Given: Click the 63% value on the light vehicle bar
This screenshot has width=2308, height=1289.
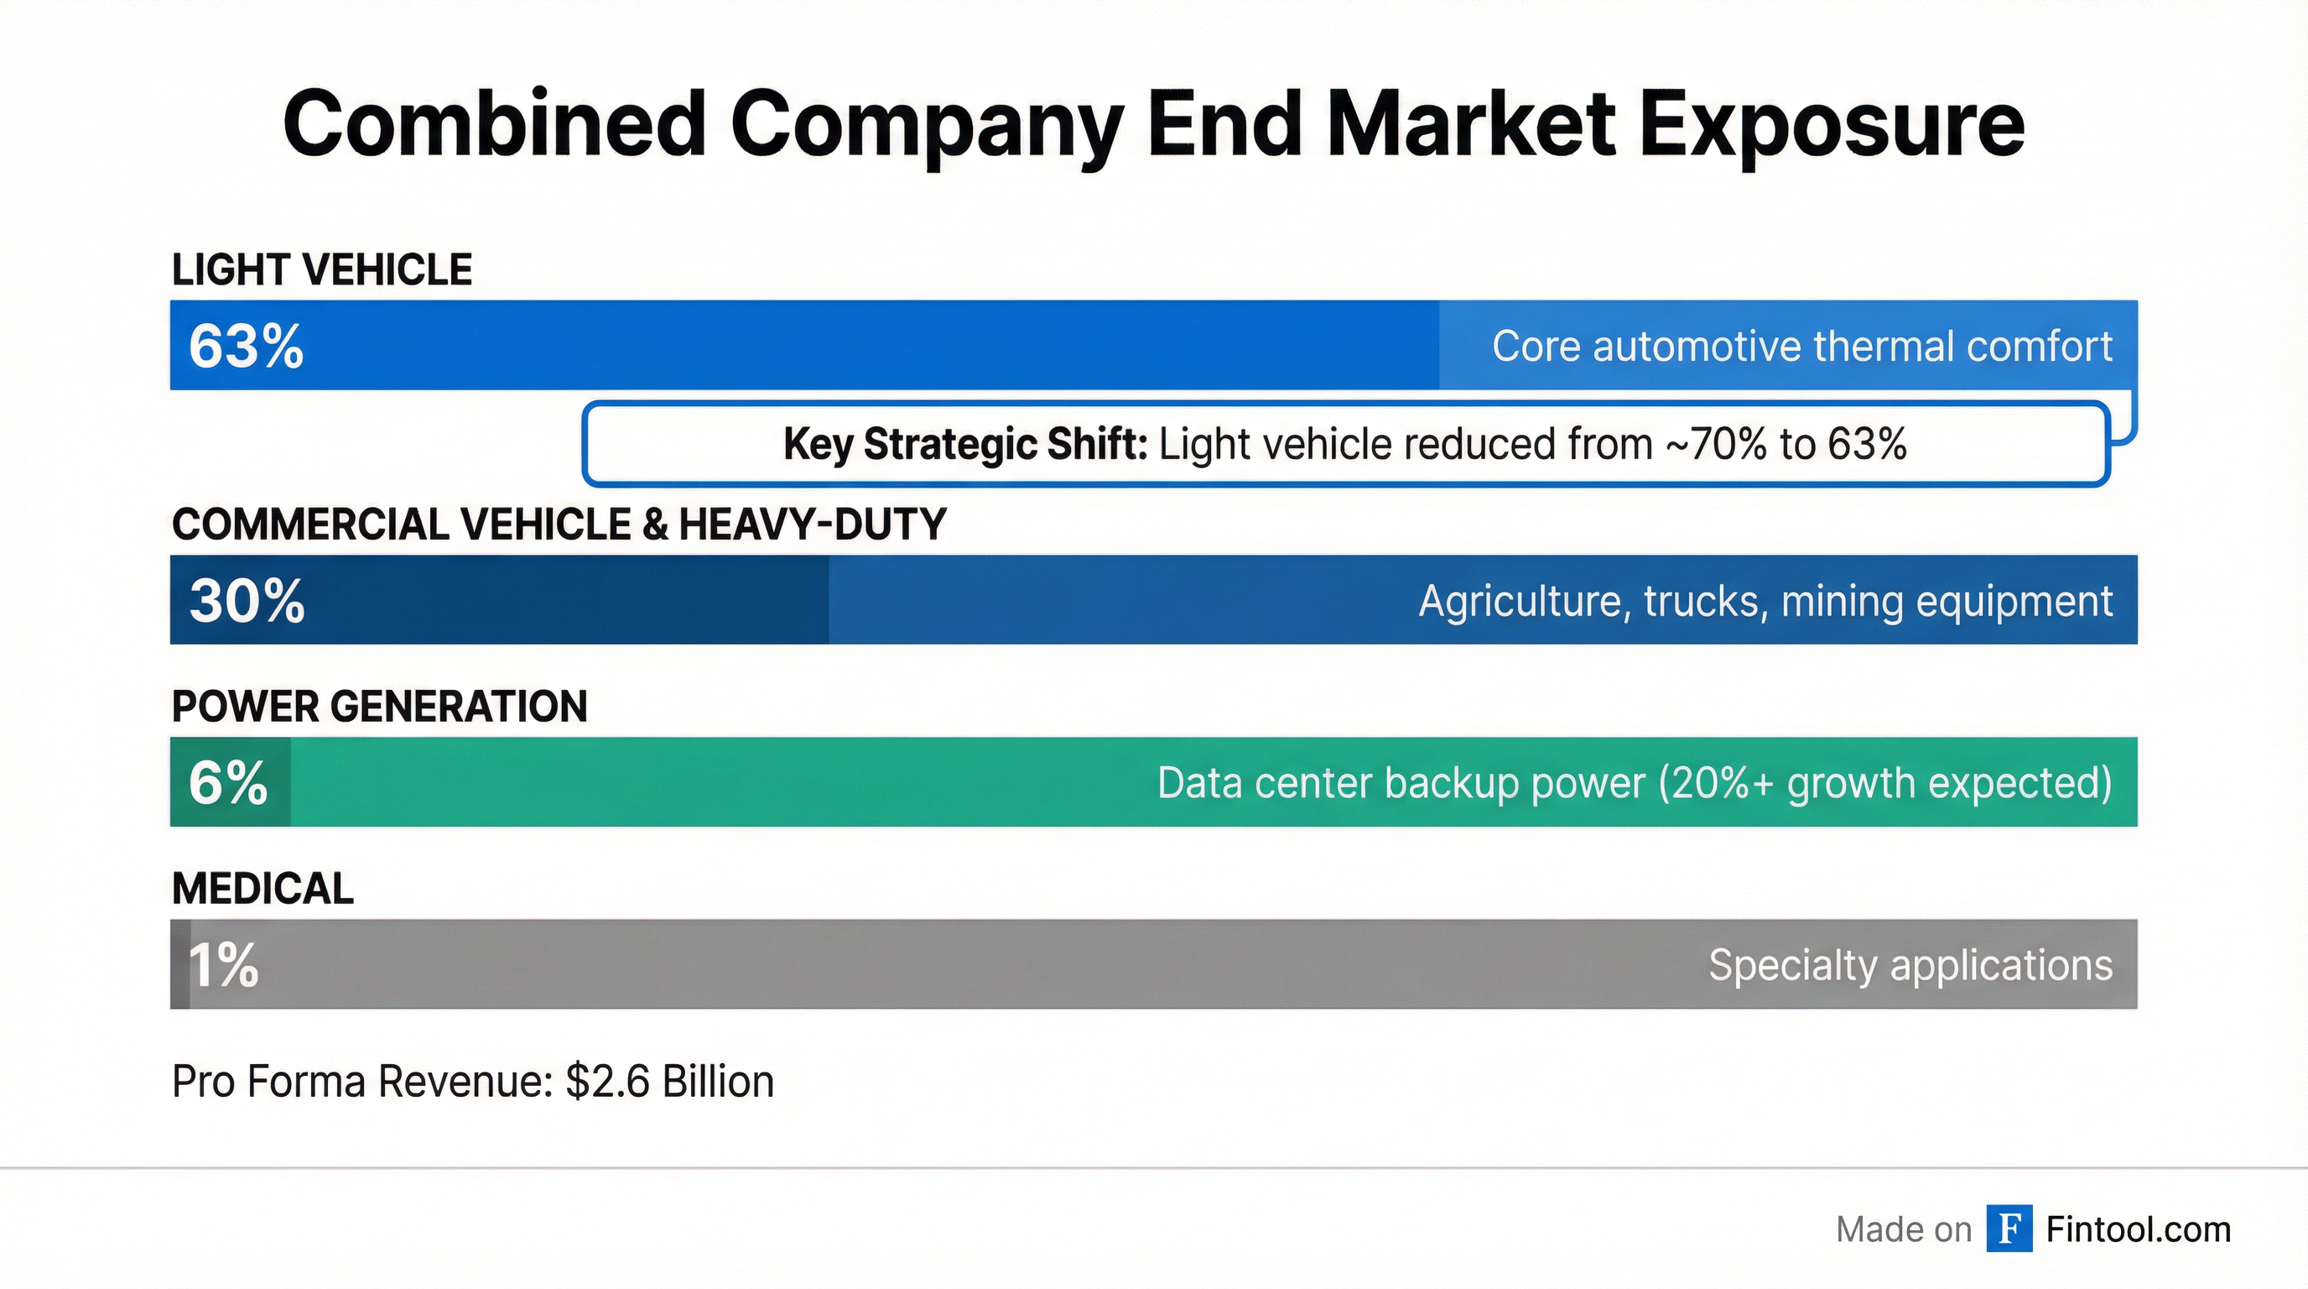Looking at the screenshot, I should pyautogui.click(x=246, y=346).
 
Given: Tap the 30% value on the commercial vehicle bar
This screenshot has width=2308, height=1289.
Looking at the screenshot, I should pyautogui.click(x=247, y=601).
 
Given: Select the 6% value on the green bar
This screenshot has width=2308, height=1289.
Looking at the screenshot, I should pyautogui.click(x=227, y=782).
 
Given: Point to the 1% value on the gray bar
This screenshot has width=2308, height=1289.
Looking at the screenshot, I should pyautogui.click(x=223, y=965).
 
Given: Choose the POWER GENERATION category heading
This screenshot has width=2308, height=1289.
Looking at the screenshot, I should pyautogui.click(x=379, y=707).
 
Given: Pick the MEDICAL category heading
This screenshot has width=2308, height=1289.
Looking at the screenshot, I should pyautogui.click(x=263, y=889).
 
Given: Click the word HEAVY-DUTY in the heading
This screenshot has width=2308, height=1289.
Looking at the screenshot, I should pyautogui.click(x=812, y=524).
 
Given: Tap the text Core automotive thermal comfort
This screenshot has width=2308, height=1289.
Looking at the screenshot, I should pyautogui.click(x=1801, y=346).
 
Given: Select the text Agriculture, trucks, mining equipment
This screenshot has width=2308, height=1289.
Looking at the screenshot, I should pyautogui.click(x=1765, y=601).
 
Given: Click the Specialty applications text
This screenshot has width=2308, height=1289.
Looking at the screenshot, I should pyautogui.click(x=1910, y=965).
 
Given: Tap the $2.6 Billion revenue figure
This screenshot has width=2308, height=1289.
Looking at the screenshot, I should pyautogui.click(x=669, y=1081).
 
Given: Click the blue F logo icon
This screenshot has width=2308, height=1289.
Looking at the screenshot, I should pyautogui.click(x=2009, y=1229).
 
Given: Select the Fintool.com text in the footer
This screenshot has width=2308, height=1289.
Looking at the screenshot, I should pyautogui.click(x=2138, y=1229).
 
